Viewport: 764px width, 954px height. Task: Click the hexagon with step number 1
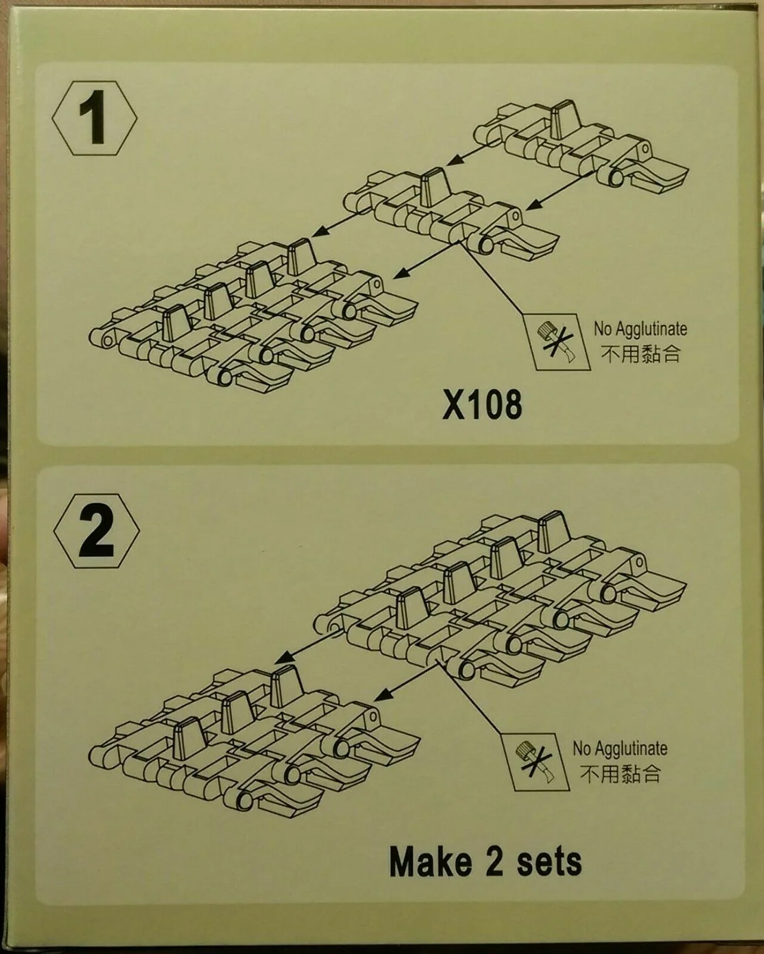point(94,117)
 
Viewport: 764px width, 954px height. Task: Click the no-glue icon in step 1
point(557,342)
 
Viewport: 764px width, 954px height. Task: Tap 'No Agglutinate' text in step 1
point(641,329)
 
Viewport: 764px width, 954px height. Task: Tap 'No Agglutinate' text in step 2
point(620,749)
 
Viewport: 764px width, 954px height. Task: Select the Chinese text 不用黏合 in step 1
point(641,354)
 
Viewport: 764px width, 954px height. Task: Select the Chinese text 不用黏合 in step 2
point(620,774)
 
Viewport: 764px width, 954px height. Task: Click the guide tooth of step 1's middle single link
point(436,187)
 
